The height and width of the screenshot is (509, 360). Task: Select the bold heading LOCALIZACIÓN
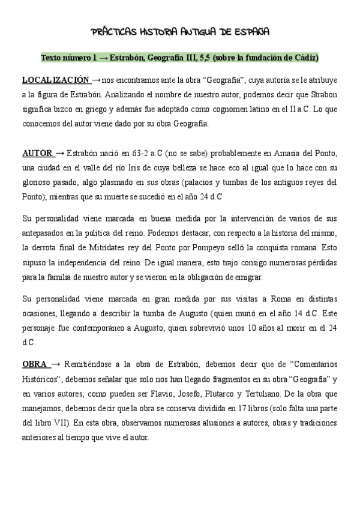[56, 80]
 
